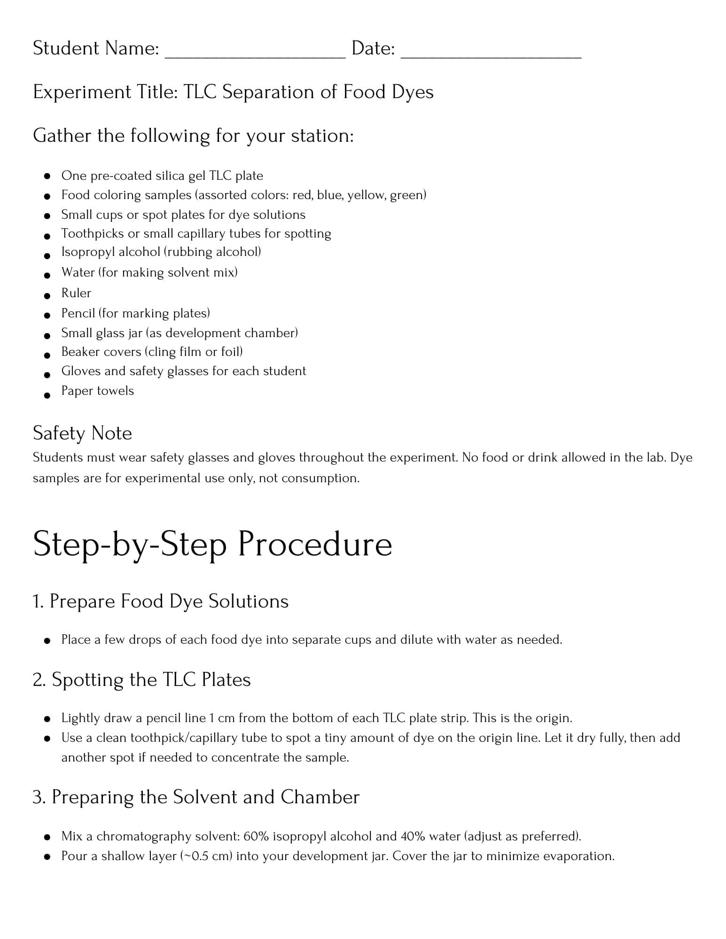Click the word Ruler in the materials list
click(76, 293)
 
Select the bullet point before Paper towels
click(47, 395)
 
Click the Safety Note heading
click(82, 433)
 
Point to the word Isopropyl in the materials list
click(87, 252)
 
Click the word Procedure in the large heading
click(314, 544)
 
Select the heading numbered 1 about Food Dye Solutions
click(160, 601)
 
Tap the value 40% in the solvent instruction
click(413, 836)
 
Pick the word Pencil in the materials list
click(78, 313)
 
